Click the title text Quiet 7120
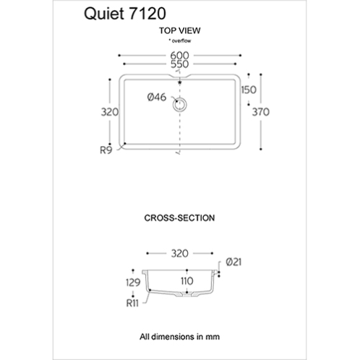point(125,14)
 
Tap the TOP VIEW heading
point(180,30)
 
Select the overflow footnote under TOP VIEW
point(180,40)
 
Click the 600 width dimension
point(179,56)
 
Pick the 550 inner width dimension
point(179,64)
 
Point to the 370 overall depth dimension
point(261,112)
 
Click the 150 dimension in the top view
point(249,90)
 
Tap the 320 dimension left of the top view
point(110,112)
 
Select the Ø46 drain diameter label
point(157,97)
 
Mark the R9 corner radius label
point(106,150)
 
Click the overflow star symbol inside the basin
point(180,82)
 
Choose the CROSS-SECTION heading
point(179,218)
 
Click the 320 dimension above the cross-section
point(180,254)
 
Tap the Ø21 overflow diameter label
point(233,262)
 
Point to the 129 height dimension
point(133,283)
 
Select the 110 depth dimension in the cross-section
point(187,281)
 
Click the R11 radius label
point(132,303)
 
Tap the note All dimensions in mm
point(179,336)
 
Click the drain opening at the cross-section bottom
point(187,293)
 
